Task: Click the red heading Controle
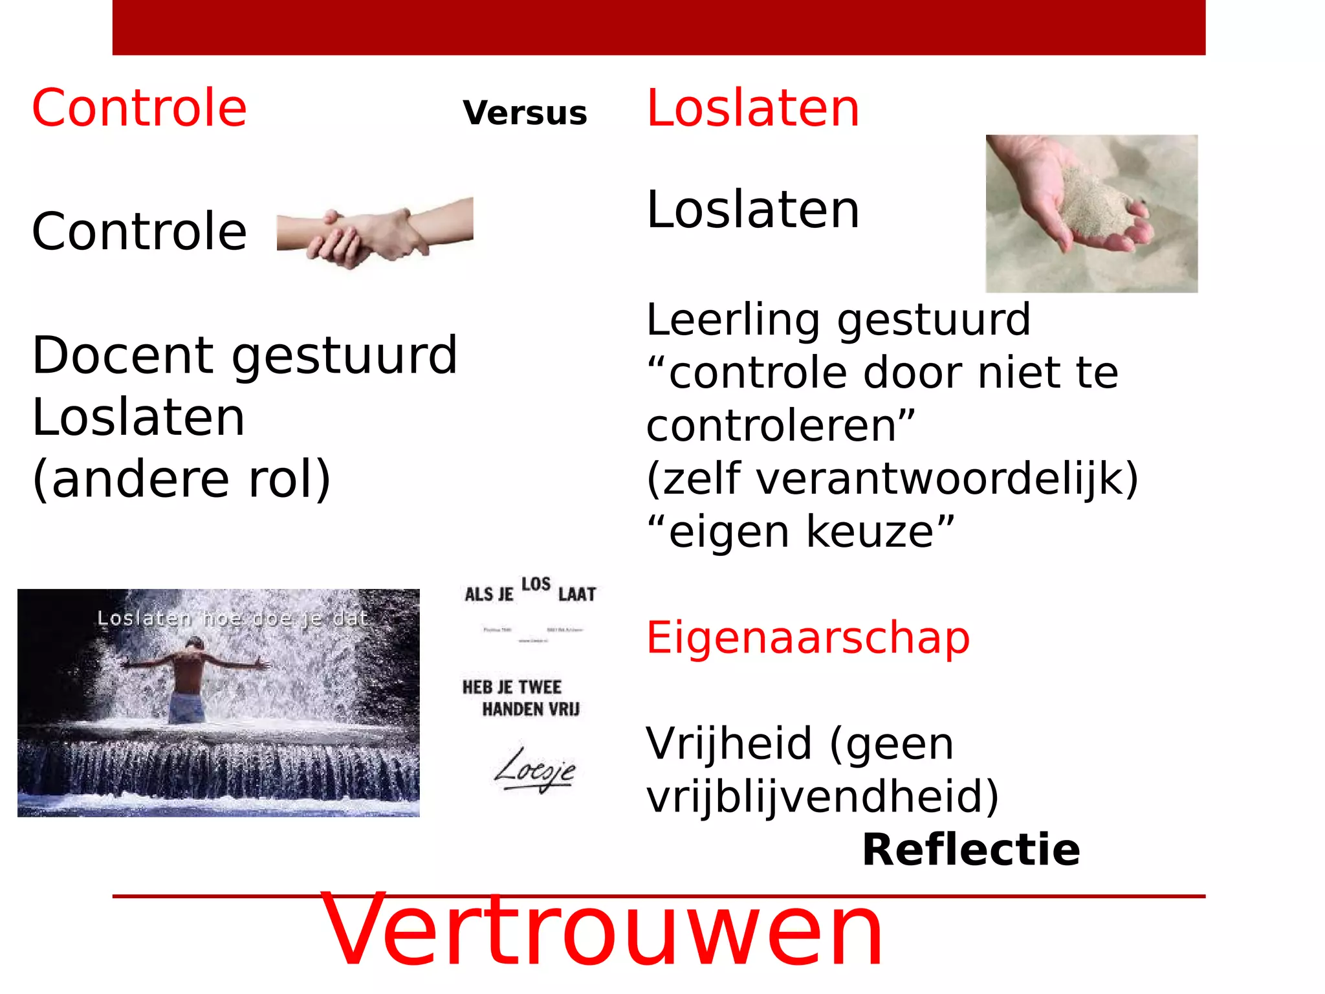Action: click(x=139, y=108)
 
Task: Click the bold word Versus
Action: click(x=525, y=113)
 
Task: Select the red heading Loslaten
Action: click(x=753, y=108)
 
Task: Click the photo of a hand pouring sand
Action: click(x=1091, y=214)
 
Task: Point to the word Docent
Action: click(x=123, y=355)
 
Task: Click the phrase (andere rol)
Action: click(x=181, y=478)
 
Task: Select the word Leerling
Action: click(x=734, y=320)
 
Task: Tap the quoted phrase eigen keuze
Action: click(x=801, y=532)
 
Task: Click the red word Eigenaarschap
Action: click(x=808, y=637)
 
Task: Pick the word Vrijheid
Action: click(x=728, y=744)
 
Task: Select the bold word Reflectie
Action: click(x=970, y=850)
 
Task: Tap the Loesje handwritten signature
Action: click(x=534, y=770)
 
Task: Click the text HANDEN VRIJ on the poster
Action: click(x=531, y=710)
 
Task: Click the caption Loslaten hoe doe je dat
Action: click(x=232, y=619)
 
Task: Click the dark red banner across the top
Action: click(x=659, y=27)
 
